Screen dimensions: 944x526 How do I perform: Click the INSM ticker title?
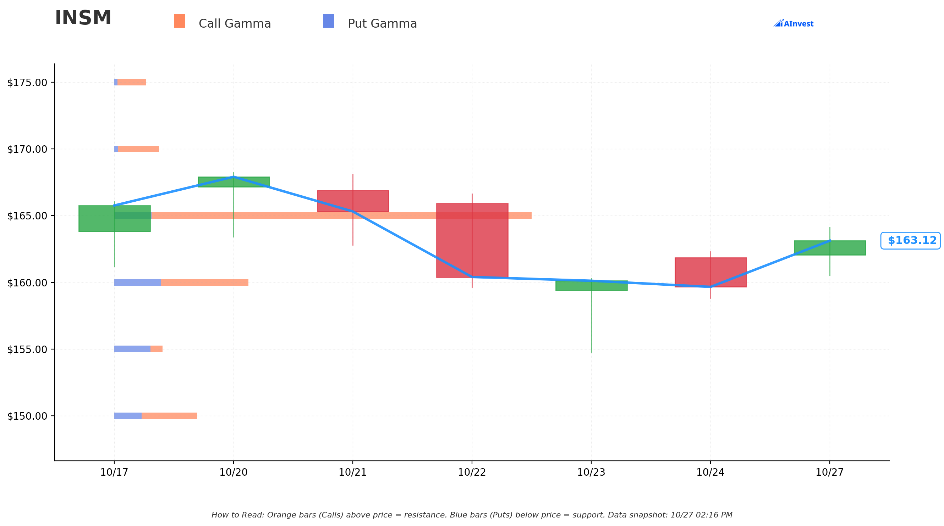83,18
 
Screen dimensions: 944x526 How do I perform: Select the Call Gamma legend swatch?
180,21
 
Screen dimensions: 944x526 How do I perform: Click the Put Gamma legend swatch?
328,21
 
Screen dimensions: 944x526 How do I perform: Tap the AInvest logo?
794,23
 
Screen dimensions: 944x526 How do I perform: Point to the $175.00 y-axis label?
27,83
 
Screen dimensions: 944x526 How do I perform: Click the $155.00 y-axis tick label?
27,349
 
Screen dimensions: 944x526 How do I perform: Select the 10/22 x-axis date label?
472,472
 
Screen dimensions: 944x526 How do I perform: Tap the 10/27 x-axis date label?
830,472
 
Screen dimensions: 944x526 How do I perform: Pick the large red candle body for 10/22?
472,240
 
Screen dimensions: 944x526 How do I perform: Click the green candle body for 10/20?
234,182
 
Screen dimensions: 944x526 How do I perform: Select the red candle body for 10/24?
710,272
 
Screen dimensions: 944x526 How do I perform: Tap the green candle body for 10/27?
830,248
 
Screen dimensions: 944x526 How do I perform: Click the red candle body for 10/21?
353,201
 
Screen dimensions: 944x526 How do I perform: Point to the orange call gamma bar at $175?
132,82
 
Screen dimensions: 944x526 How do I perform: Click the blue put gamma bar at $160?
138,282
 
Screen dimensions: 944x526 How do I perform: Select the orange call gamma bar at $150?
169,416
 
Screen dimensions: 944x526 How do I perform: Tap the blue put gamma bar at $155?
132,349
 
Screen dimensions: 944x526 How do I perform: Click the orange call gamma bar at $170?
138,149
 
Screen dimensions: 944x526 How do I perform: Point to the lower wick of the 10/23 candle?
591,321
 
